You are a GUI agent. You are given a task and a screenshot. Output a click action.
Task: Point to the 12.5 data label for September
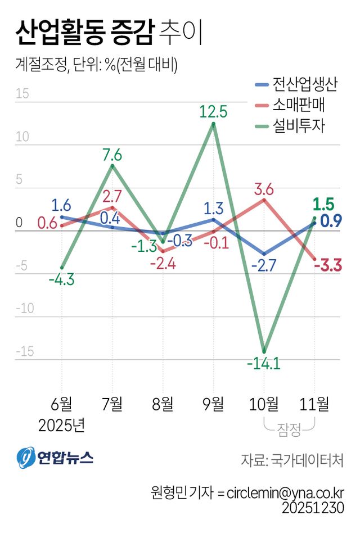213,112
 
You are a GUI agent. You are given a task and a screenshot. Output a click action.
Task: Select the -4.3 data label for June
61,278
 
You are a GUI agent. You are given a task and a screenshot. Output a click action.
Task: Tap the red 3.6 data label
263,189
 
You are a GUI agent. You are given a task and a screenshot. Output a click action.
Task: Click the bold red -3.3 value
328,265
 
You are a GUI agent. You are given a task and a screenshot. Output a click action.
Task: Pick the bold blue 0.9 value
332,221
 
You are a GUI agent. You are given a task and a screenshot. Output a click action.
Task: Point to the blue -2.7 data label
263,264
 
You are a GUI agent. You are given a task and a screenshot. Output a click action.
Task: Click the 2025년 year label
61,425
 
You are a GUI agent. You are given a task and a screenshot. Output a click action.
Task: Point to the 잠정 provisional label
289,432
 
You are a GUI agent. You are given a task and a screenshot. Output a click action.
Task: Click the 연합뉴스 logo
55,458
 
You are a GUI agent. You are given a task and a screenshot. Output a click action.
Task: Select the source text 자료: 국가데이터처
292,460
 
